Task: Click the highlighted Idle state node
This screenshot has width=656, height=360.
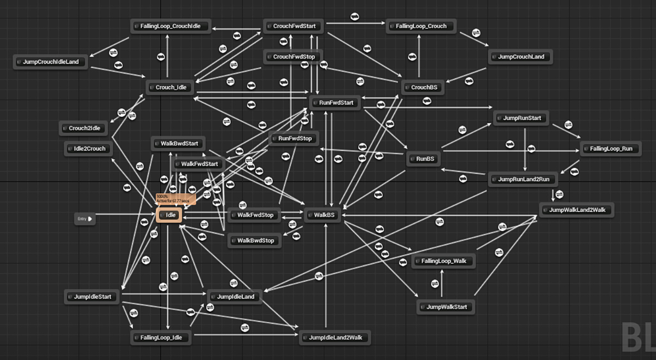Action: (168, 215)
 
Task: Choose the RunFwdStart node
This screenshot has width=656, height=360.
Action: (335, 103)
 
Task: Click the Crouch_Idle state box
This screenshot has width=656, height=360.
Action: (169, 87)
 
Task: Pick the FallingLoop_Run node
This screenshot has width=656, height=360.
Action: (611, 149)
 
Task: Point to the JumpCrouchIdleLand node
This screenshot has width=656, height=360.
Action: (51, 62)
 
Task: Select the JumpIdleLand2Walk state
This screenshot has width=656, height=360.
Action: (335, 338)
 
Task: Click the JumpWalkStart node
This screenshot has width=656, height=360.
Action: (446, 307)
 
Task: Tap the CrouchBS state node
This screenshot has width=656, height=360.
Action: (423, 87)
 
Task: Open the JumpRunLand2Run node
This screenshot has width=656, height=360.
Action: (522, 179)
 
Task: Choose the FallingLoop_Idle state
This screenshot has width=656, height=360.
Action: (161, 338)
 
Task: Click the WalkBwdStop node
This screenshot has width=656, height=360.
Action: (255, 240)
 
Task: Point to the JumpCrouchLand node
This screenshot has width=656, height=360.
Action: (520, 57)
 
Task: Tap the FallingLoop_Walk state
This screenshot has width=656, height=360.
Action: (443, 261)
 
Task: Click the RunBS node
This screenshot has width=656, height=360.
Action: (424, 160)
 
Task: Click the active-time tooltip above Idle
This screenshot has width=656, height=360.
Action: (175, 199)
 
